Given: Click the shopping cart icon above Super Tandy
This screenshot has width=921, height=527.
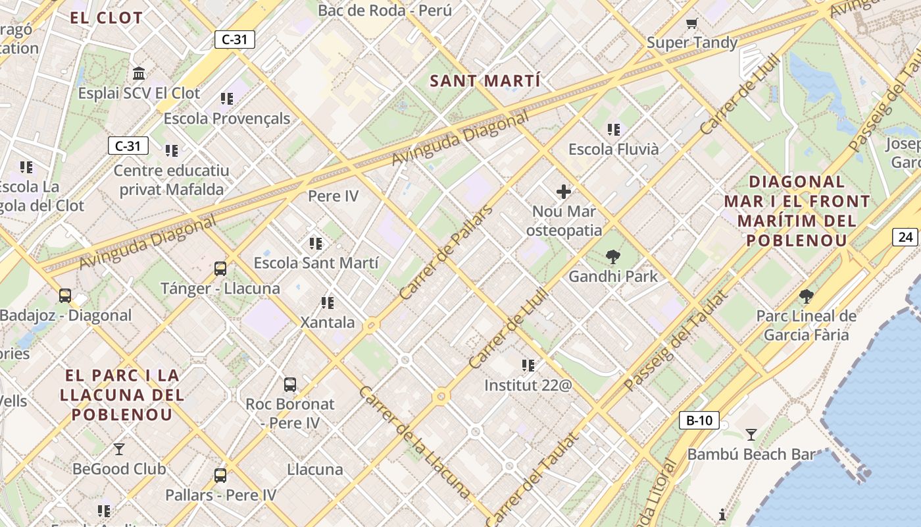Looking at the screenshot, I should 691,24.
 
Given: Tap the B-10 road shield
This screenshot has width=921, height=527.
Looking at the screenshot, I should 699,420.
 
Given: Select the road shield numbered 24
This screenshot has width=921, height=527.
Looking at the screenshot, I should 905,237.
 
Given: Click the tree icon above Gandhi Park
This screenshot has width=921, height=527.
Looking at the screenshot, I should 613,256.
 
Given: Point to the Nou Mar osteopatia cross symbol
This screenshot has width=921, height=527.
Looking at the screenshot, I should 564,192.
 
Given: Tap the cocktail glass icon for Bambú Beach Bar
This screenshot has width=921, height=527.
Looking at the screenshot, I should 751,434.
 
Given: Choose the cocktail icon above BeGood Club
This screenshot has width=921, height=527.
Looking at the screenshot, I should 119,449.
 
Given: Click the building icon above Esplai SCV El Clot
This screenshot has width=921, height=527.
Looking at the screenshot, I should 139,73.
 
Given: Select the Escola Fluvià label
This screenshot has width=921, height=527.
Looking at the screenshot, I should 613,150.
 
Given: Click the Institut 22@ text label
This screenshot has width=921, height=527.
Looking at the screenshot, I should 528,385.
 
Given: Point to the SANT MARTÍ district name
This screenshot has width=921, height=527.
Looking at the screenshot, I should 485,82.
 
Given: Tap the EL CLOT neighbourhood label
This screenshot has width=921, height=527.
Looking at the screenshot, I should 106,18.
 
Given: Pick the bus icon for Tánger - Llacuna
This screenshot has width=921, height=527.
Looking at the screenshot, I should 220,269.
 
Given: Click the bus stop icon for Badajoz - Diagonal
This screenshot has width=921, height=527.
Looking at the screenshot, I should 65,295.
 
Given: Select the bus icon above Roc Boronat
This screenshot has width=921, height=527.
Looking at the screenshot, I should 290,384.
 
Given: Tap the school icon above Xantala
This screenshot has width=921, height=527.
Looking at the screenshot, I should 328,303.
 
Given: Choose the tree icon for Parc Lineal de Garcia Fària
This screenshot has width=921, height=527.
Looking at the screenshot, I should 806,296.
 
